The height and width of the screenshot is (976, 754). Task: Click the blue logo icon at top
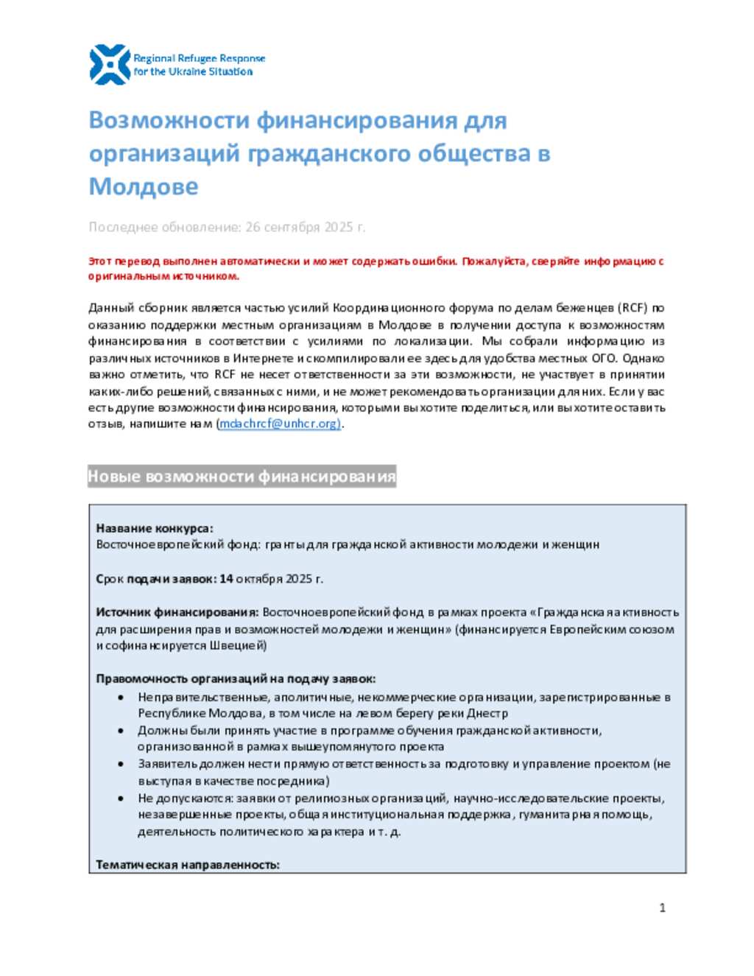pos(110,64)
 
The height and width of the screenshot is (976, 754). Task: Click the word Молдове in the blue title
pos(144,186)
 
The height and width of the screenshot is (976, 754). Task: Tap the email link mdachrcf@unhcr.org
pos(279,424)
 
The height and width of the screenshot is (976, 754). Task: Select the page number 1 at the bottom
pos(662,907)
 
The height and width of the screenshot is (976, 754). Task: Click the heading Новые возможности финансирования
pos(242,477)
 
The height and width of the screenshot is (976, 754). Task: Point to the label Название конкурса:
pos(155,528)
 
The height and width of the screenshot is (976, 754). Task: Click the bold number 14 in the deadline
pos(226,578)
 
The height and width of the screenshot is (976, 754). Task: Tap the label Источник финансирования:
pos(177,612)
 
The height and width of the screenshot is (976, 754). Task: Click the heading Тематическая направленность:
pos(188,865)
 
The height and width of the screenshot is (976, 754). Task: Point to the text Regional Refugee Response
pos(199,58)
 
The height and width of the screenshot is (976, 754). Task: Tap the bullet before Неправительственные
pos(121,697)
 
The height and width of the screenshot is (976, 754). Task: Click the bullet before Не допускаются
pos(121,798)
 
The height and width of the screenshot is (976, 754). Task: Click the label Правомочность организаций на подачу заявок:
pos(236,678)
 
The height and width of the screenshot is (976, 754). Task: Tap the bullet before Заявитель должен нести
pos(121,765)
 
